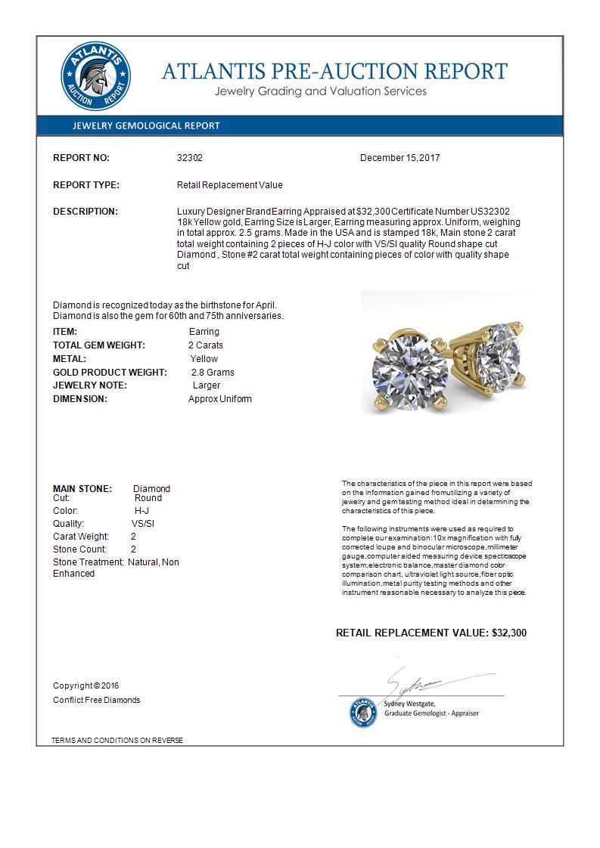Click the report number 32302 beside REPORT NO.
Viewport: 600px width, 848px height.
click(x=190, y=158)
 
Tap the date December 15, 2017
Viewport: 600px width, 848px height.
click(x=399, y=158)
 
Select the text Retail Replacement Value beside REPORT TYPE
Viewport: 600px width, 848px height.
click(x=229, y=185)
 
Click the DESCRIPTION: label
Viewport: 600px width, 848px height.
click(x=85, y=212)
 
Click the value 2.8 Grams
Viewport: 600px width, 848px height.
click(x=213, y=373)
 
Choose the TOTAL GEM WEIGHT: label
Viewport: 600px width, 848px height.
click(x=99, y=345)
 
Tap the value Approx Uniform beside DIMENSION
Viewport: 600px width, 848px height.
click(x=220, y=399)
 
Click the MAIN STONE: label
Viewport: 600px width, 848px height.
click(x=82, y=489)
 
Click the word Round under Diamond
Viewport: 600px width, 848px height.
click(x=148, y=498)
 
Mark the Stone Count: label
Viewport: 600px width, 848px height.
click(x=80, y=549)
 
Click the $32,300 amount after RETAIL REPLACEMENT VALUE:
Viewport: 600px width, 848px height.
click(x=509, y=633)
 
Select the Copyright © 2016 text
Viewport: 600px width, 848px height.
click(x=86, y=686)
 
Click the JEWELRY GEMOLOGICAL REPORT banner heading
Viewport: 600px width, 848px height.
click(x=146, y=126)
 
